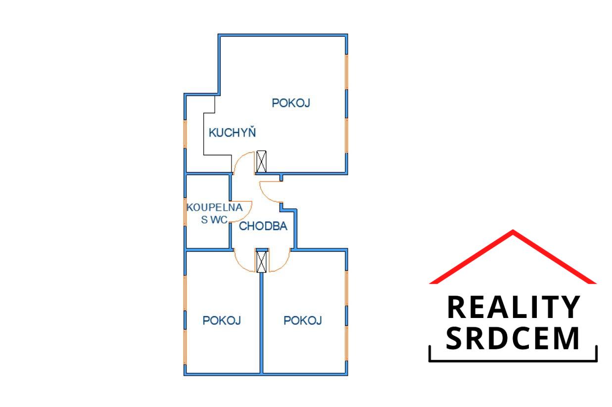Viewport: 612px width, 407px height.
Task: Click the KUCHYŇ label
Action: pyautogui.click(x=232, y=132)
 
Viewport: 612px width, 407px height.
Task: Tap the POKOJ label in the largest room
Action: pyautogui.click(x=291, y=103)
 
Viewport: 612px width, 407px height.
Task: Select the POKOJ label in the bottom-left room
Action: pyautogui.click(x=222, y=320)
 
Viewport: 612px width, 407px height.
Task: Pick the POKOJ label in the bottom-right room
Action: pyautogui.click(x=303, y=320)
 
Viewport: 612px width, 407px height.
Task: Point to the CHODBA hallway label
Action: pyautogui.click(x=263, y=226)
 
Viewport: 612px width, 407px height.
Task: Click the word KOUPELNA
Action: pyautogui.click(x=215, y=208)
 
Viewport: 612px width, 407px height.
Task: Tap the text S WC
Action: pyautogui.click(x=214, y=220)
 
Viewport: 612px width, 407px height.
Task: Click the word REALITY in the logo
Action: pyautogui.click(x=513, y=307)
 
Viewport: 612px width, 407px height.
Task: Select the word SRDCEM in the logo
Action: pyautogui.click(x=513, y=338)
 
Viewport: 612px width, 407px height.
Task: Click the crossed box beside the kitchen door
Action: pyautogui.click(x=261, y=161)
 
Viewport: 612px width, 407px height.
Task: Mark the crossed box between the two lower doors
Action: pyautogui.click(x=261, y=262)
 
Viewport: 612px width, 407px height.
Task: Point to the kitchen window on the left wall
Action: pyautogui.click(x=185, y=134)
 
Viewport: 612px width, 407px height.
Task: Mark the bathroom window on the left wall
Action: pyautogui.click(x=185, y=211)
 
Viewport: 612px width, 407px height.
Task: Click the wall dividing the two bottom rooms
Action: pyautogui.click(x=261, y=323)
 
